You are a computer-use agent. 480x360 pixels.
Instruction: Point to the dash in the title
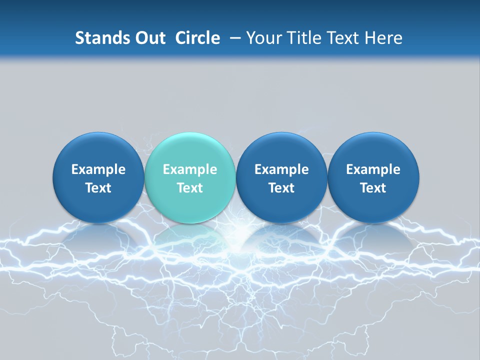point(235,38)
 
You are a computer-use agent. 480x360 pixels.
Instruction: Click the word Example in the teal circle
point(190,169)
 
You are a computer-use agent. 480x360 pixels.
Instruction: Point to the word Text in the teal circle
point(190,188)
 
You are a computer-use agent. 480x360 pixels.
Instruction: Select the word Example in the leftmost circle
point(98,169)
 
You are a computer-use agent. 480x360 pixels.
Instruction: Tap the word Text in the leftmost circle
point(98,188)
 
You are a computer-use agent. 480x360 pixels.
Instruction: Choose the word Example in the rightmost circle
point(373,169)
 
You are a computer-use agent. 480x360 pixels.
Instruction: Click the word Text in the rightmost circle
point(373,188)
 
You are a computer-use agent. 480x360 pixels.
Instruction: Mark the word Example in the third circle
point(281,169)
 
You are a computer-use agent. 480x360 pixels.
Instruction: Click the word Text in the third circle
point(281,188)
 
